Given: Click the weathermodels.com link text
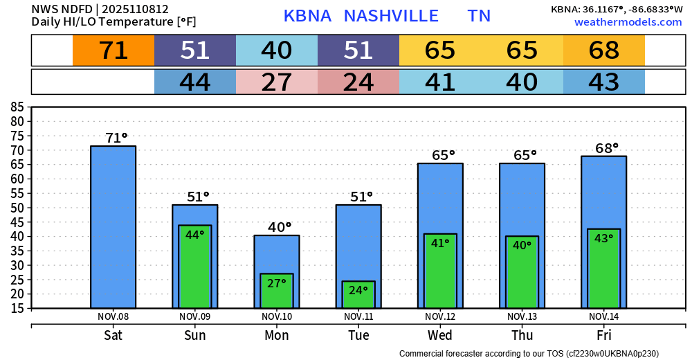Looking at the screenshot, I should (x=628, y=22).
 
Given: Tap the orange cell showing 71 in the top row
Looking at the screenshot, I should (x=113, y=51).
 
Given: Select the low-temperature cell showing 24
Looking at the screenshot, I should (x=358, y=82).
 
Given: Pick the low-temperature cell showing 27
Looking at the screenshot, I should (x=277, y=82).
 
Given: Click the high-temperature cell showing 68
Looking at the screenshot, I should (x=604, y=51).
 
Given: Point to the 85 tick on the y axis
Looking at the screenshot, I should (x=17, y=107).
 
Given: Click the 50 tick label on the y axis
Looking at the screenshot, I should (x=17, y=207).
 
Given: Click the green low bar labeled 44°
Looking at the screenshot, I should (x=195, y=267).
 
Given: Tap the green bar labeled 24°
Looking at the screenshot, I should (x=358, y=295).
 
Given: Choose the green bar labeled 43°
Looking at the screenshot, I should (x=603, y=269).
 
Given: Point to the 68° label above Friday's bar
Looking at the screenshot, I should (x=607, y=148).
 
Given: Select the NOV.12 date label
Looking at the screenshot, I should (x=440, y=316).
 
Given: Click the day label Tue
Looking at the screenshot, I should (x=358, y=335).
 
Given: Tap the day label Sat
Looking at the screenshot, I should (x=113, y=335).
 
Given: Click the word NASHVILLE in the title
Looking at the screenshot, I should (x=391, y=16).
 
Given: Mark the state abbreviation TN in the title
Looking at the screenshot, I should (x=480, y=16).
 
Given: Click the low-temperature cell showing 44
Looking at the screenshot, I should (x=195, y=82).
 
